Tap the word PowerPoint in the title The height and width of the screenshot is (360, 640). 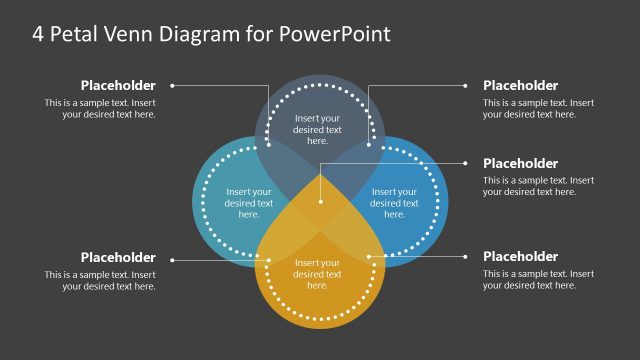[x=338, y=34]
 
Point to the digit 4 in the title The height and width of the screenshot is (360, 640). [x=38, y=34]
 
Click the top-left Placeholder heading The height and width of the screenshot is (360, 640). [x=118, y=86]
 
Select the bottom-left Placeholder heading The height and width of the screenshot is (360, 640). [x=118, y=257]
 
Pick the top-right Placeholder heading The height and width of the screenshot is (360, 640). [x=520, y=86]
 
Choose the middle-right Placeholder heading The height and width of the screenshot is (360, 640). [x=520, y=163]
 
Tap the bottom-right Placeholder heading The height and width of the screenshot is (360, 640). [x=520, y=257]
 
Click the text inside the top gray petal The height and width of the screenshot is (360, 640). [x=318, y=129]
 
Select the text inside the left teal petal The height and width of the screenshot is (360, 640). [x=249, y=203]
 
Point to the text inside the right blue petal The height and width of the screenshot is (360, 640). [x=394, y=203]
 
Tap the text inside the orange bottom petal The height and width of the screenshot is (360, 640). [x=318, y=274]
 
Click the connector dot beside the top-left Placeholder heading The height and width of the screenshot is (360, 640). [x=172, y=86]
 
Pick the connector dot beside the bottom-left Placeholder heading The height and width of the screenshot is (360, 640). [x=172, y=260]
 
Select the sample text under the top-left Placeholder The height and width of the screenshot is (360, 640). [x=100, y=108]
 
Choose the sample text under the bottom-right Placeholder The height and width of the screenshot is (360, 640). [x=538, y=279]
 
